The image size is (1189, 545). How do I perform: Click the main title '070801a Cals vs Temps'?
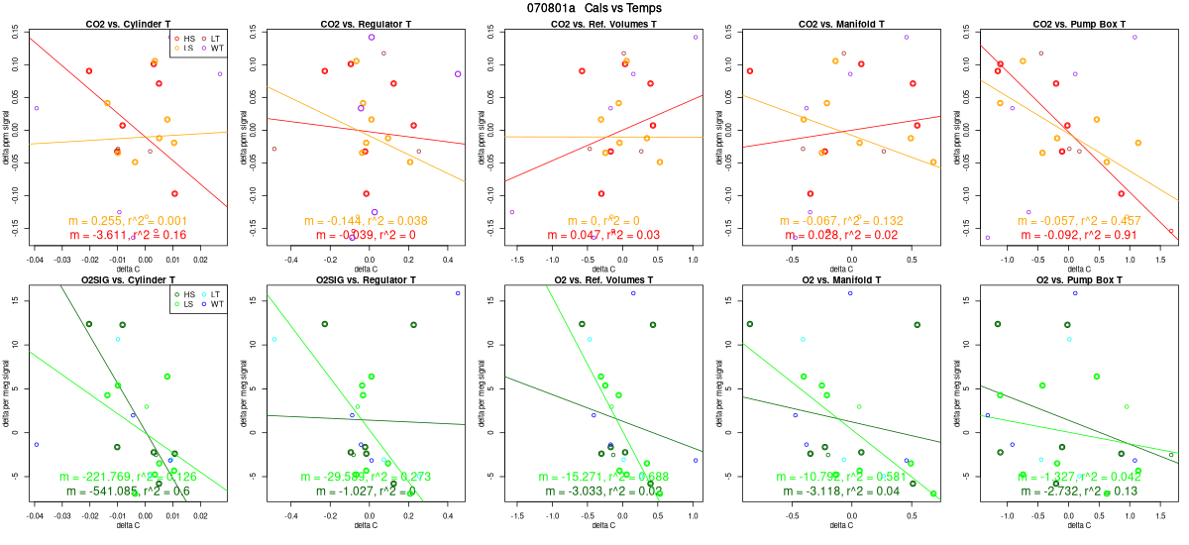click(x=594, y=8)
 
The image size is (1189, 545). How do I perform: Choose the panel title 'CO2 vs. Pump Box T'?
click(x=1079, y=23)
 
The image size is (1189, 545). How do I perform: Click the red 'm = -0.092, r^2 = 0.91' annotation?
click(x=1079, y=235)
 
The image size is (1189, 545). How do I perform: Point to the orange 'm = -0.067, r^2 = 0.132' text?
click(x=841, y=220)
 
